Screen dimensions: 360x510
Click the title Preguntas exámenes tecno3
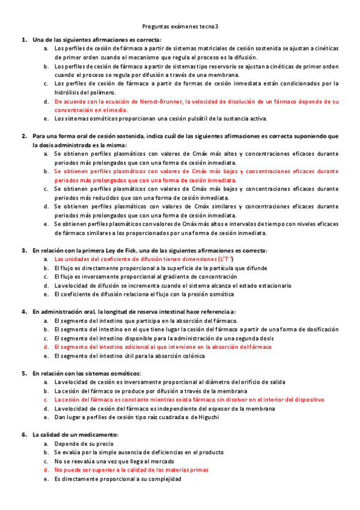click(x=180, y=26)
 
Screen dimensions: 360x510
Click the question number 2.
click(x=23, y=136)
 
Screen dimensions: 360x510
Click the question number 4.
click(x=23, y=312)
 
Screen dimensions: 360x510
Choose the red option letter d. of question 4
click(x=46, y=347)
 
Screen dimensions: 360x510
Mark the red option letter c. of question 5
click(x=46, y=399)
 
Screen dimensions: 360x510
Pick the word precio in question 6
click(x=97, y=443)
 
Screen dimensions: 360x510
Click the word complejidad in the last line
click(x=163, y=479)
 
